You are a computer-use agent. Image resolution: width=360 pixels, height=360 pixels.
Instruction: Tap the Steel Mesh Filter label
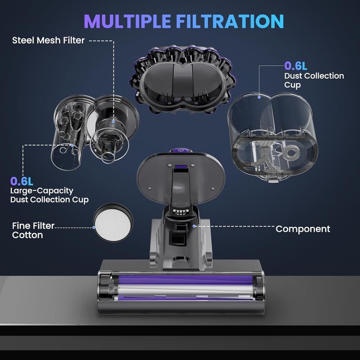(x=48, y=41)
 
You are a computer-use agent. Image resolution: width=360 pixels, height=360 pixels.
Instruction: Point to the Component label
(x=303, y=229)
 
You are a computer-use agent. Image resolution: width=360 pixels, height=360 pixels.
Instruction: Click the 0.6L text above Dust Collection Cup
(x=296, y=66)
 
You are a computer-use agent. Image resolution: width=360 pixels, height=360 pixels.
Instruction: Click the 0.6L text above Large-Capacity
(x=21, y=180)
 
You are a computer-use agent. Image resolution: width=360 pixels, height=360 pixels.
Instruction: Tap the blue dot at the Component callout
(x=194, y=226)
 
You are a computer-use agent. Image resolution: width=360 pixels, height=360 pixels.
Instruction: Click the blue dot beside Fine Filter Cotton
(x=94, y=227)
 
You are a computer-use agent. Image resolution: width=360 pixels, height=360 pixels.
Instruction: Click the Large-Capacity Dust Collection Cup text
(x=49, y=195)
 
